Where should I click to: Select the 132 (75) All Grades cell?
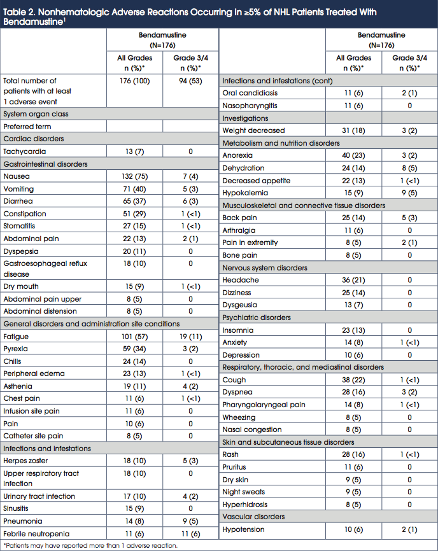(134, 176)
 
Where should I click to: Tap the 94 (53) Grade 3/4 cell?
(190, 81)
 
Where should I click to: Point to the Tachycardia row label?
(23, 151)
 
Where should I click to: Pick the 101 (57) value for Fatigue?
(134, 337)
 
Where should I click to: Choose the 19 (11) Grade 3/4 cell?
(190, 337)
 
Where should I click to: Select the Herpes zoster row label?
(25, 461)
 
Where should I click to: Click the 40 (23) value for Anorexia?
(353, 155)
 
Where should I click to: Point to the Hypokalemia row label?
(245, 193)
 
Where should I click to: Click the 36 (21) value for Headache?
(353, 280)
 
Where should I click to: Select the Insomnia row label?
(238, 330)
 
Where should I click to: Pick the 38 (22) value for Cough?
(353, 380)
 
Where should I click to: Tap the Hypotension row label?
(243, 529)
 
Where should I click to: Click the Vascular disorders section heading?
(253, 517)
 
